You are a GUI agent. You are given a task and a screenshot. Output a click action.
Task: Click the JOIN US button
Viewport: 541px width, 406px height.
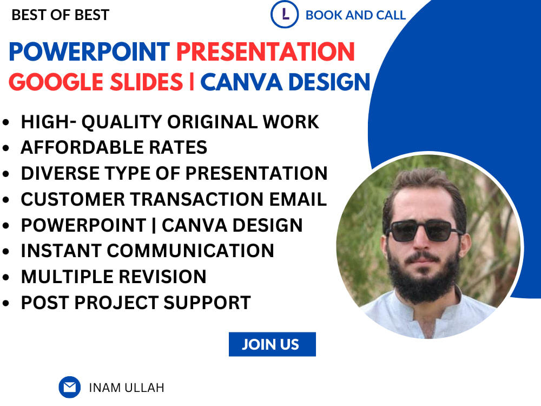272,344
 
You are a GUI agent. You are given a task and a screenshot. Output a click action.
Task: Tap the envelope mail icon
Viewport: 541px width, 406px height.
69,387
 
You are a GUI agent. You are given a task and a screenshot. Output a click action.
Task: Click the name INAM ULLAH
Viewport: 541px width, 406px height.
126,388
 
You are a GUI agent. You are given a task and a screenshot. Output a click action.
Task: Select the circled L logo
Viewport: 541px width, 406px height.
285,15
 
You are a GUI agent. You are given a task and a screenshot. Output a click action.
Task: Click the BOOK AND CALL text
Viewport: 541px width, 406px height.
355,15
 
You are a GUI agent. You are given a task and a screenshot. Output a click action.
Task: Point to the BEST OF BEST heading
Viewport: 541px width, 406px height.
60,15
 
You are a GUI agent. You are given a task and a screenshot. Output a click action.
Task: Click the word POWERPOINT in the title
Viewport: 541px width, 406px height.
89,52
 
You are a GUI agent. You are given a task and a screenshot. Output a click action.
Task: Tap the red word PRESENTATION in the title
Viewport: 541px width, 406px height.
266,52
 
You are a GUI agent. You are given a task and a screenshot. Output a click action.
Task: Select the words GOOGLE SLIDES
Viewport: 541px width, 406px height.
96,82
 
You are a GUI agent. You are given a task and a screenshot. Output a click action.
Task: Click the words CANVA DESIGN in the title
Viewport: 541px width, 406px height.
285,82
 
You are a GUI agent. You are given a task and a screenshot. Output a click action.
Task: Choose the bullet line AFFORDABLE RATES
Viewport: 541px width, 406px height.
114,147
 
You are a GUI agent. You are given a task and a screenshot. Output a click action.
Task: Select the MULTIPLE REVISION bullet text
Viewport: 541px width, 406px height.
114,277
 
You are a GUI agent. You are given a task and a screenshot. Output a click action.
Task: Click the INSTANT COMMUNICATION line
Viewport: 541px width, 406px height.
147,251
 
